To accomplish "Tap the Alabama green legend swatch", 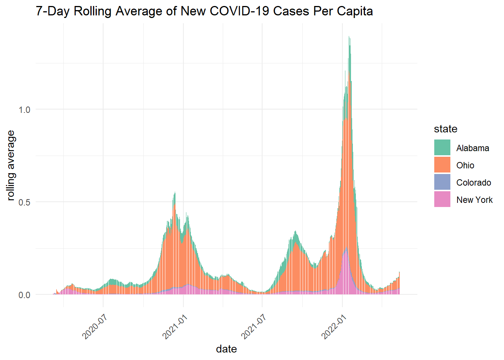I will (442, 148).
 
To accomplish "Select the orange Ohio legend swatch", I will (442, 165).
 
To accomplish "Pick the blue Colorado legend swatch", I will (442, 182).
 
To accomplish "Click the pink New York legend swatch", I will (442, 199).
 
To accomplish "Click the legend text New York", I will (474, 200).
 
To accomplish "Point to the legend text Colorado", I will (473, 183).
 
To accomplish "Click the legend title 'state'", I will (445, 129).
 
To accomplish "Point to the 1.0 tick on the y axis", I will (24, 109).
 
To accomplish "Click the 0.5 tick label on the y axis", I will (24, 202).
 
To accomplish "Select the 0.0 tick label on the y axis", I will (24, 295).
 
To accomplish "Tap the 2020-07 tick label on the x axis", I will (95, 327).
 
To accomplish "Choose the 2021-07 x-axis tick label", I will (254, 327).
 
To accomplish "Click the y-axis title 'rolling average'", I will (11, 165).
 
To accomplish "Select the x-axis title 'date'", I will (226, 349).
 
